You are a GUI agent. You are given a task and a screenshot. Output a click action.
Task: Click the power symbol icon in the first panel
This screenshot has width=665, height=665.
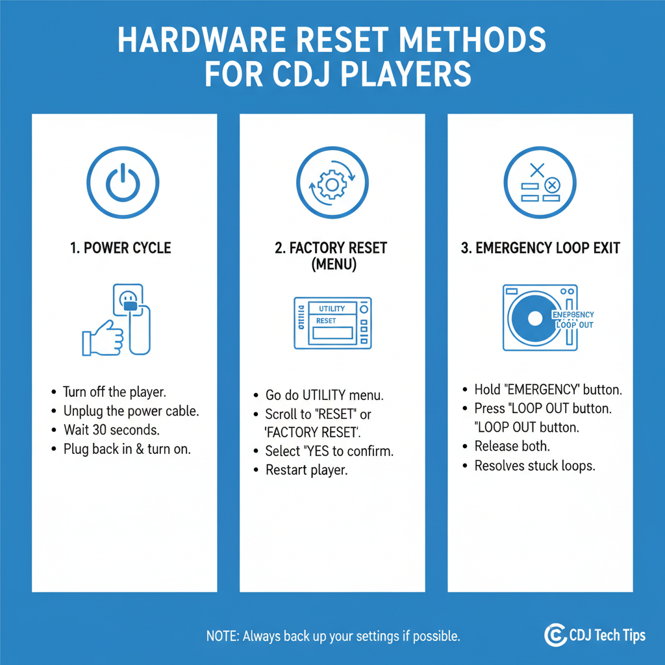(x=124, y=182)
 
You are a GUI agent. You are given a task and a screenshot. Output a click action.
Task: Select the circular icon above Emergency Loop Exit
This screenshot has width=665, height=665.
(x=540, y=182)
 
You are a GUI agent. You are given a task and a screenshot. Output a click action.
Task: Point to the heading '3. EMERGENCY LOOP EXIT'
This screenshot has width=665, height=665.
(x=540, y=247)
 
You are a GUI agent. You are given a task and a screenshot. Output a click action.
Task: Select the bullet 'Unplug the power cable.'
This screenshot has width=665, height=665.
(x=131, y=411)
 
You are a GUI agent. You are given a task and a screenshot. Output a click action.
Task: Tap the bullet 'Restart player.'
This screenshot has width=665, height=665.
(x=307, y=470)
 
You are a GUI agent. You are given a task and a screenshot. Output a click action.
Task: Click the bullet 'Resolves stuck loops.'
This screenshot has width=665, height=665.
(x=534, y=466)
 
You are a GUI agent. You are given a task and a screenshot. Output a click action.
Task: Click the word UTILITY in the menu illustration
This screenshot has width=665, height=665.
(x=332, y=308)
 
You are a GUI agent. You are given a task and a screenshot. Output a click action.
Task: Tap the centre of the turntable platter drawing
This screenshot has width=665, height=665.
(x=534, y=319)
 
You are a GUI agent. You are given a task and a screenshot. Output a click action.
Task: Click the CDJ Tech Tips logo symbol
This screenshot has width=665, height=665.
(x=554, y=635)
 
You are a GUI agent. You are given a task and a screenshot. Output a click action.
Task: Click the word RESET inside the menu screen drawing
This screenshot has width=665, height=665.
(x=326, y=321)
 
